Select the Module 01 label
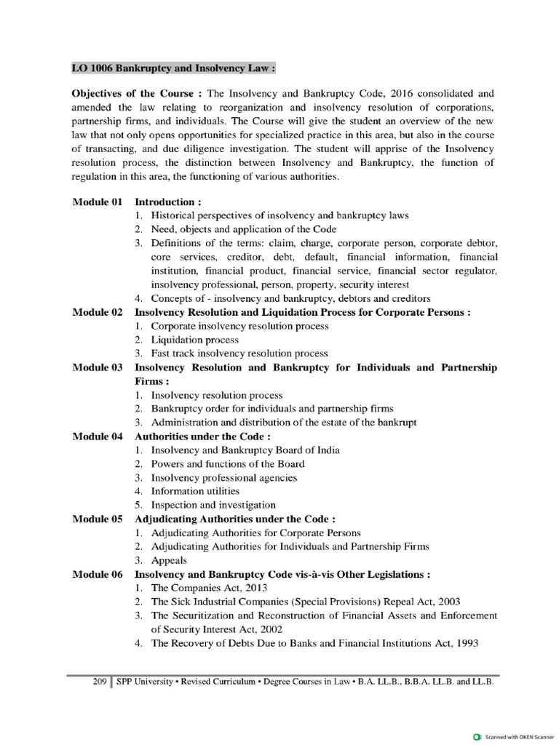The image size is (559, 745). (97, 202)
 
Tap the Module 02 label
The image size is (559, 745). (97, 312)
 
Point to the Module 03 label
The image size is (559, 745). (97, 367)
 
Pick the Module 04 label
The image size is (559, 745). (97, 437)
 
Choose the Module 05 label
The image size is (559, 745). (97, 519)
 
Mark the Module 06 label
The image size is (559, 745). (97, 574)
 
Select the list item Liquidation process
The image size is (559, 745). (194, 340)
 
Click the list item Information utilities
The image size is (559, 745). (195, 491)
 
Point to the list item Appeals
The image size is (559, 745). (169, 560)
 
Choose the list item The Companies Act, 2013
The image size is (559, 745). (210, 588)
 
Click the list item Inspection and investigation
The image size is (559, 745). (213, 505)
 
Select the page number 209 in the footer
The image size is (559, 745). (100, 682)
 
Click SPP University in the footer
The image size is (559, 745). (145, 682)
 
